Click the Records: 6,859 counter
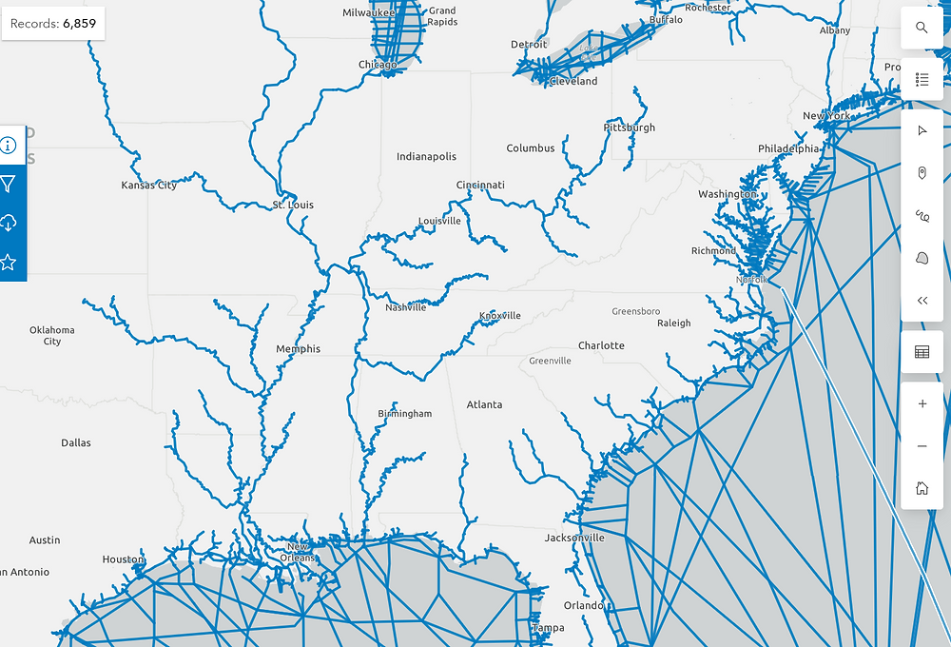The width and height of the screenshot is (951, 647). (53, 24)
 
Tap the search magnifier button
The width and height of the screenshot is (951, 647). (922, 28)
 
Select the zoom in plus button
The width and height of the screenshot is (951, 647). (922, 404)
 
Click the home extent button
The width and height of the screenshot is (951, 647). (922, 488)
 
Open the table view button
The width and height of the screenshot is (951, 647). (922, 352)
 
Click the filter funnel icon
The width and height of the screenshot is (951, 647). (9, 184)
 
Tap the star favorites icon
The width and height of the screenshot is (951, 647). (9, 262)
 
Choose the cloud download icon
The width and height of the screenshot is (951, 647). (9, 223)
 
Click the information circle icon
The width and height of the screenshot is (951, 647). (9, 145)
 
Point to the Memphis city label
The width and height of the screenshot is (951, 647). (298, 349)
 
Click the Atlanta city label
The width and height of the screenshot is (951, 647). (484, 405)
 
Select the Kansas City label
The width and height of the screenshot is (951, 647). (149, 186)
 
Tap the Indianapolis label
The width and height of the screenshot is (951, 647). (426, 157)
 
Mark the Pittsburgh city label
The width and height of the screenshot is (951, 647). (629, 127)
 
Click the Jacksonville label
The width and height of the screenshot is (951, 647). (574, 539)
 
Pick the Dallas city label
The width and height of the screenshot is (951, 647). (76, 443)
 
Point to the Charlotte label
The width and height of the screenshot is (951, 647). (601, 346)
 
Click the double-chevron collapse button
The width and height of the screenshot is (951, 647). (922, 301)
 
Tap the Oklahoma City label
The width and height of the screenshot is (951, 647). (52, 336)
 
